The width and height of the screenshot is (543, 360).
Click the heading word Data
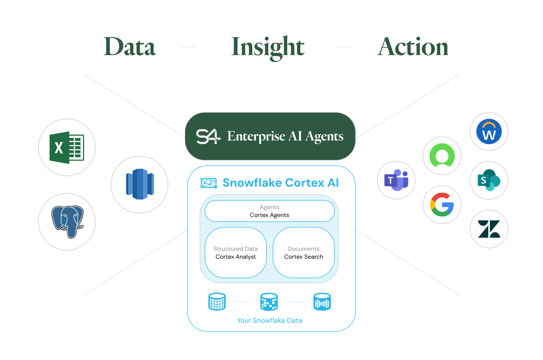click(129, 47)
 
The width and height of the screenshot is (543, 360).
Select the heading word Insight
click(268, 47)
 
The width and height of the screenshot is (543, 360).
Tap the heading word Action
click(413, 47)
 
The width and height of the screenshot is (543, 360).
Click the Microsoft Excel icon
click(67, 147)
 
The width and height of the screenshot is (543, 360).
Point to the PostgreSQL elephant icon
click(67, 221)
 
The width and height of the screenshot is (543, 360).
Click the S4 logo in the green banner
click(208, 136)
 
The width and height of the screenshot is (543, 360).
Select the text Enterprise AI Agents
click(285, 136)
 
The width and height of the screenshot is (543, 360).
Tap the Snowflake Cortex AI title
click(281, 183)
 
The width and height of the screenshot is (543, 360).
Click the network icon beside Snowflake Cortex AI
click(209, 183)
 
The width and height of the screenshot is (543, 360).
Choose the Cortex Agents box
click(269, 211)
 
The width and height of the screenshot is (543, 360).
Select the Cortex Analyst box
click(235, 252)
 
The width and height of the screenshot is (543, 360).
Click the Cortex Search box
click(304, 252)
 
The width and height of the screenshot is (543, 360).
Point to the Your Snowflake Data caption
click(269, 320)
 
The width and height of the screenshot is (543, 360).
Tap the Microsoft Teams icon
click(396, 180)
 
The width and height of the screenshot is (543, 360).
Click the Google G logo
click(442, 205)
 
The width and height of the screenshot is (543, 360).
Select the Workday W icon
click(489, 132)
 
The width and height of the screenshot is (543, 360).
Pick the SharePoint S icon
click(489, 180)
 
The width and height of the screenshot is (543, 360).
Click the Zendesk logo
click(489, 228)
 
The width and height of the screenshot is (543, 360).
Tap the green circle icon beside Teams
click(442, 156)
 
